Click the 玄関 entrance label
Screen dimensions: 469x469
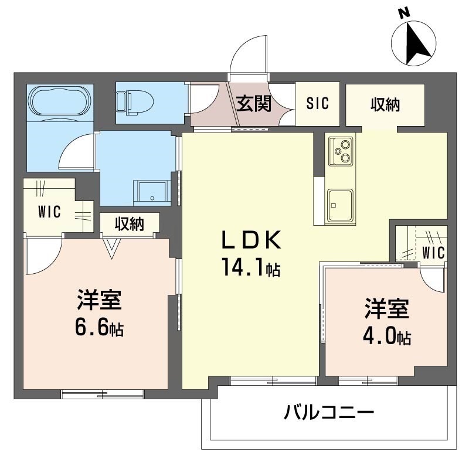click(254, 104)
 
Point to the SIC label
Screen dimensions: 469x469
click(318, 103)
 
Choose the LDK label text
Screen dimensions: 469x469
click(252, 240)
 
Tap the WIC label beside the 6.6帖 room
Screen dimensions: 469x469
click(50, 212)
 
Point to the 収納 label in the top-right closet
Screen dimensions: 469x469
click(385, 105)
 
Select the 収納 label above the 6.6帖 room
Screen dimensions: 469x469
click(129, 223)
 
